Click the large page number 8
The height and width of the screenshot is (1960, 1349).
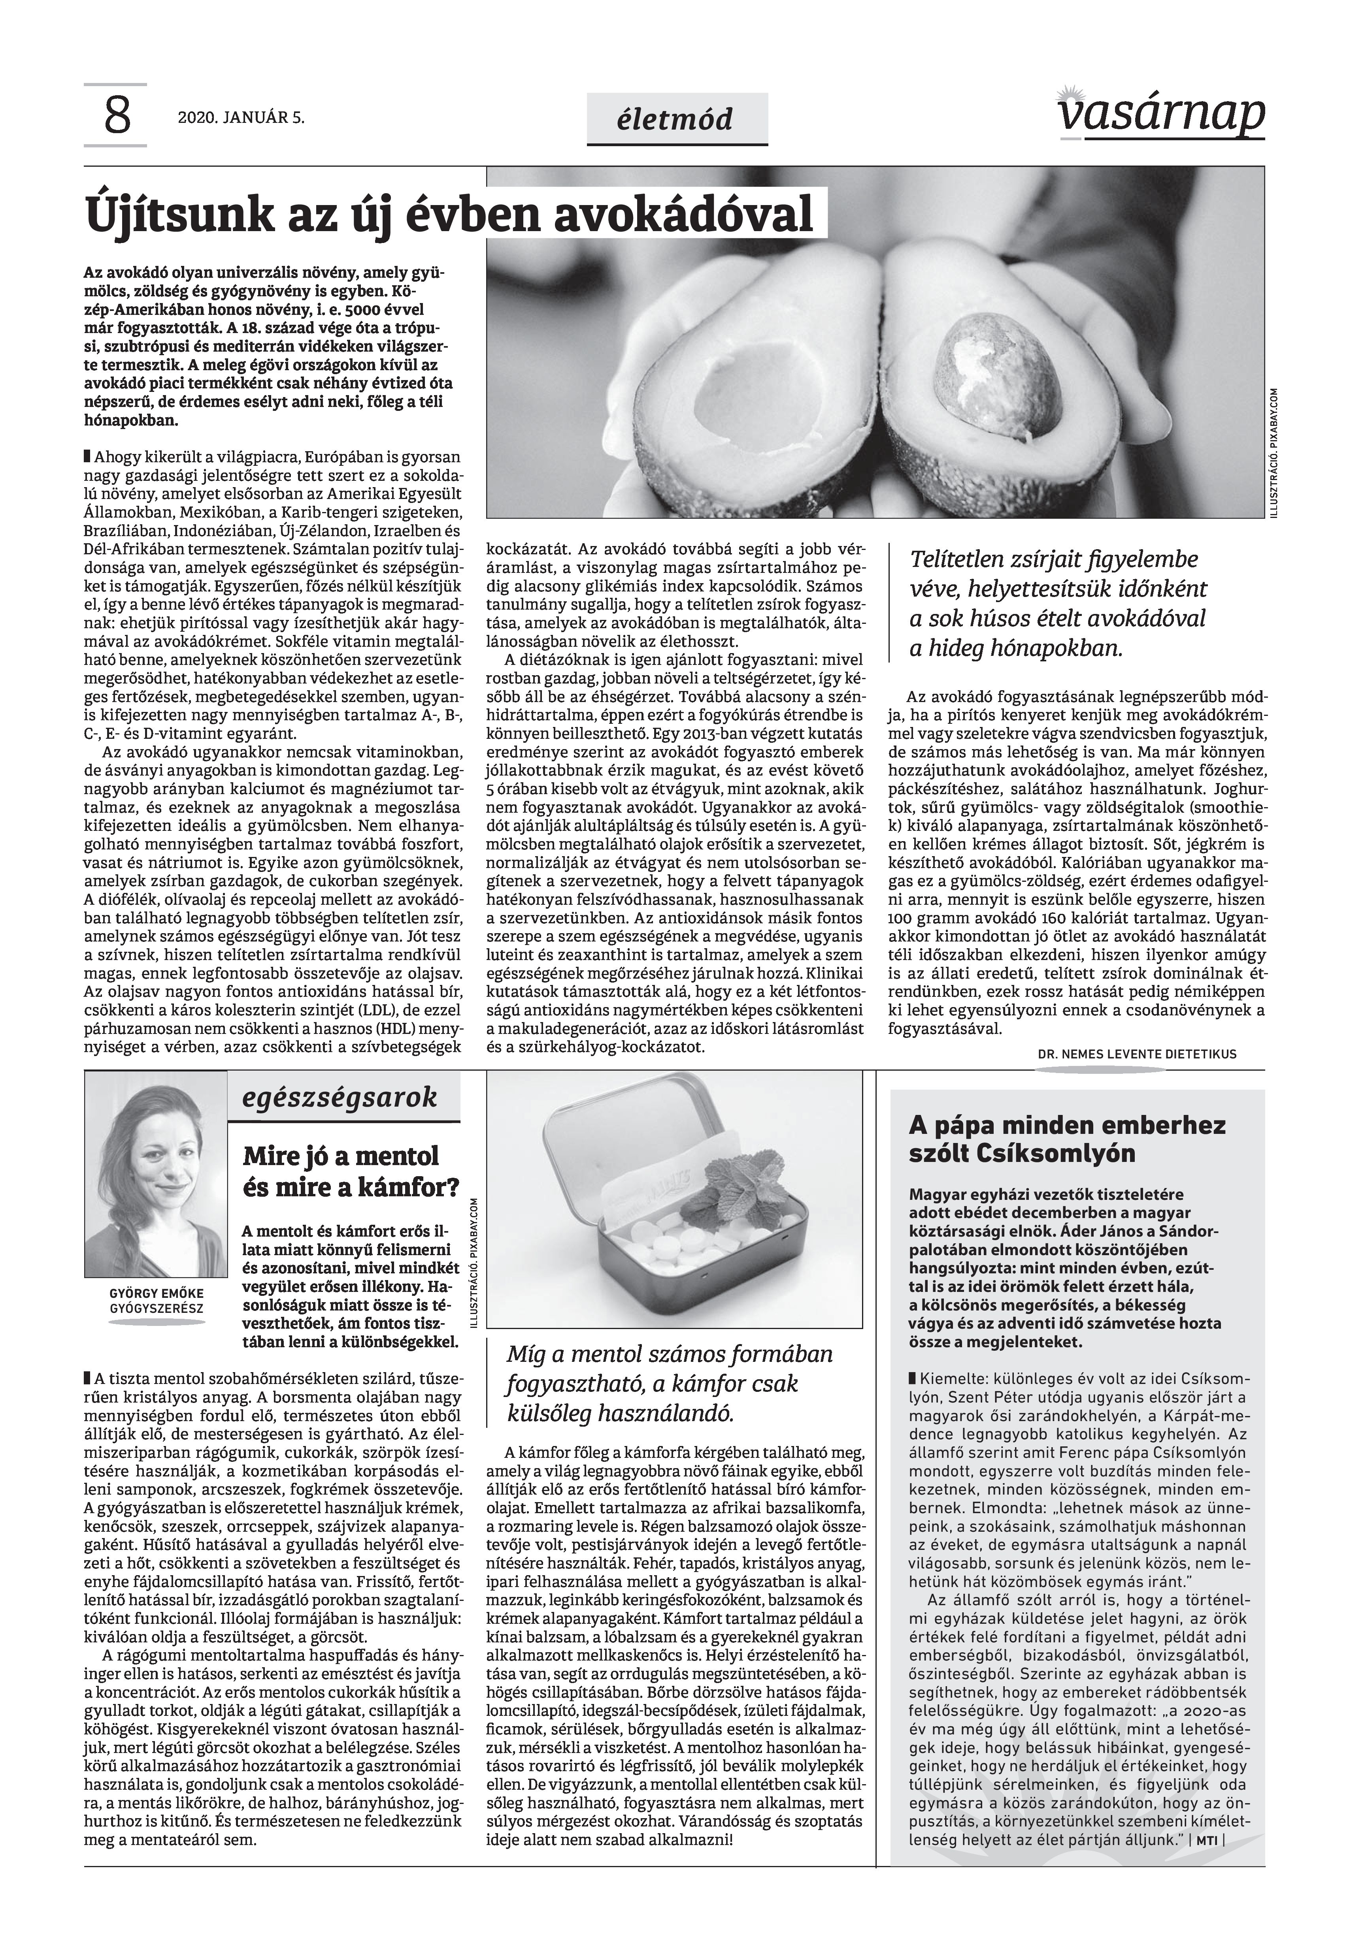point(117,117)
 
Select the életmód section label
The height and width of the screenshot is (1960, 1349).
point(677,119)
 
